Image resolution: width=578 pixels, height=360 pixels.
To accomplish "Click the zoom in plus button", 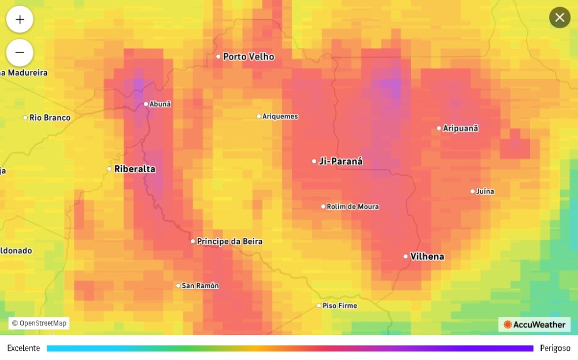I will pos(20,19).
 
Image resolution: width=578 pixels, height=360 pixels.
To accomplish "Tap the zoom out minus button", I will pos(20,53).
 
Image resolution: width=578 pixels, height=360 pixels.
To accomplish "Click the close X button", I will pos(560,17).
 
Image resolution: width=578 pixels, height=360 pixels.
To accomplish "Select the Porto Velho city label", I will pos(249,57).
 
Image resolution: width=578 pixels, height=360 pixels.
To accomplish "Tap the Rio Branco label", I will pos(50,118).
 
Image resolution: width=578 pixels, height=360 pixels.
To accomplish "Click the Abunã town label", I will pos(160,104).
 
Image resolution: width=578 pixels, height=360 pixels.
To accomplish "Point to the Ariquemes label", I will pos(280,116).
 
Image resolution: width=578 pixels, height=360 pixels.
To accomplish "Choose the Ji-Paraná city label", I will pos(340,161).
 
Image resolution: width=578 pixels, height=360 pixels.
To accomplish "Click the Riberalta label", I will pos(135,169).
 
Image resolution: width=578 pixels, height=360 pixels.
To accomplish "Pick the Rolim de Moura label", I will pos(353,206).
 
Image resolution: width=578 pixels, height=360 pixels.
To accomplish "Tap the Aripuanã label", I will pos(460,128).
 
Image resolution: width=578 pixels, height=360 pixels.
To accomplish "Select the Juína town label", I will pos(485,191).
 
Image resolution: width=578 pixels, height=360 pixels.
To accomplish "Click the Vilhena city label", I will pos(427,256).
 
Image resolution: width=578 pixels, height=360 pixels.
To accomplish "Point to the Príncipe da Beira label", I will pos(229,241).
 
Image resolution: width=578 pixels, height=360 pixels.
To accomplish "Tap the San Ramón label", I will pos(200,285).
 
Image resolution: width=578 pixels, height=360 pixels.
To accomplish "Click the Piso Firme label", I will pos(340,306).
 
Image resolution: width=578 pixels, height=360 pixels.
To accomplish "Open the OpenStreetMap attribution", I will pos(39,323).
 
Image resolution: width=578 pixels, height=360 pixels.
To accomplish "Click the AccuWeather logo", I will pos(534,325).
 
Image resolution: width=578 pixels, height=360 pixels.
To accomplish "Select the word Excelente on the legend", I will pos(24,348).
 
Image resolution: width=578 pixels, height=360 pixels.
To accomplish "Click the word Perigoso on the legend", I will pos(555,348).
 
